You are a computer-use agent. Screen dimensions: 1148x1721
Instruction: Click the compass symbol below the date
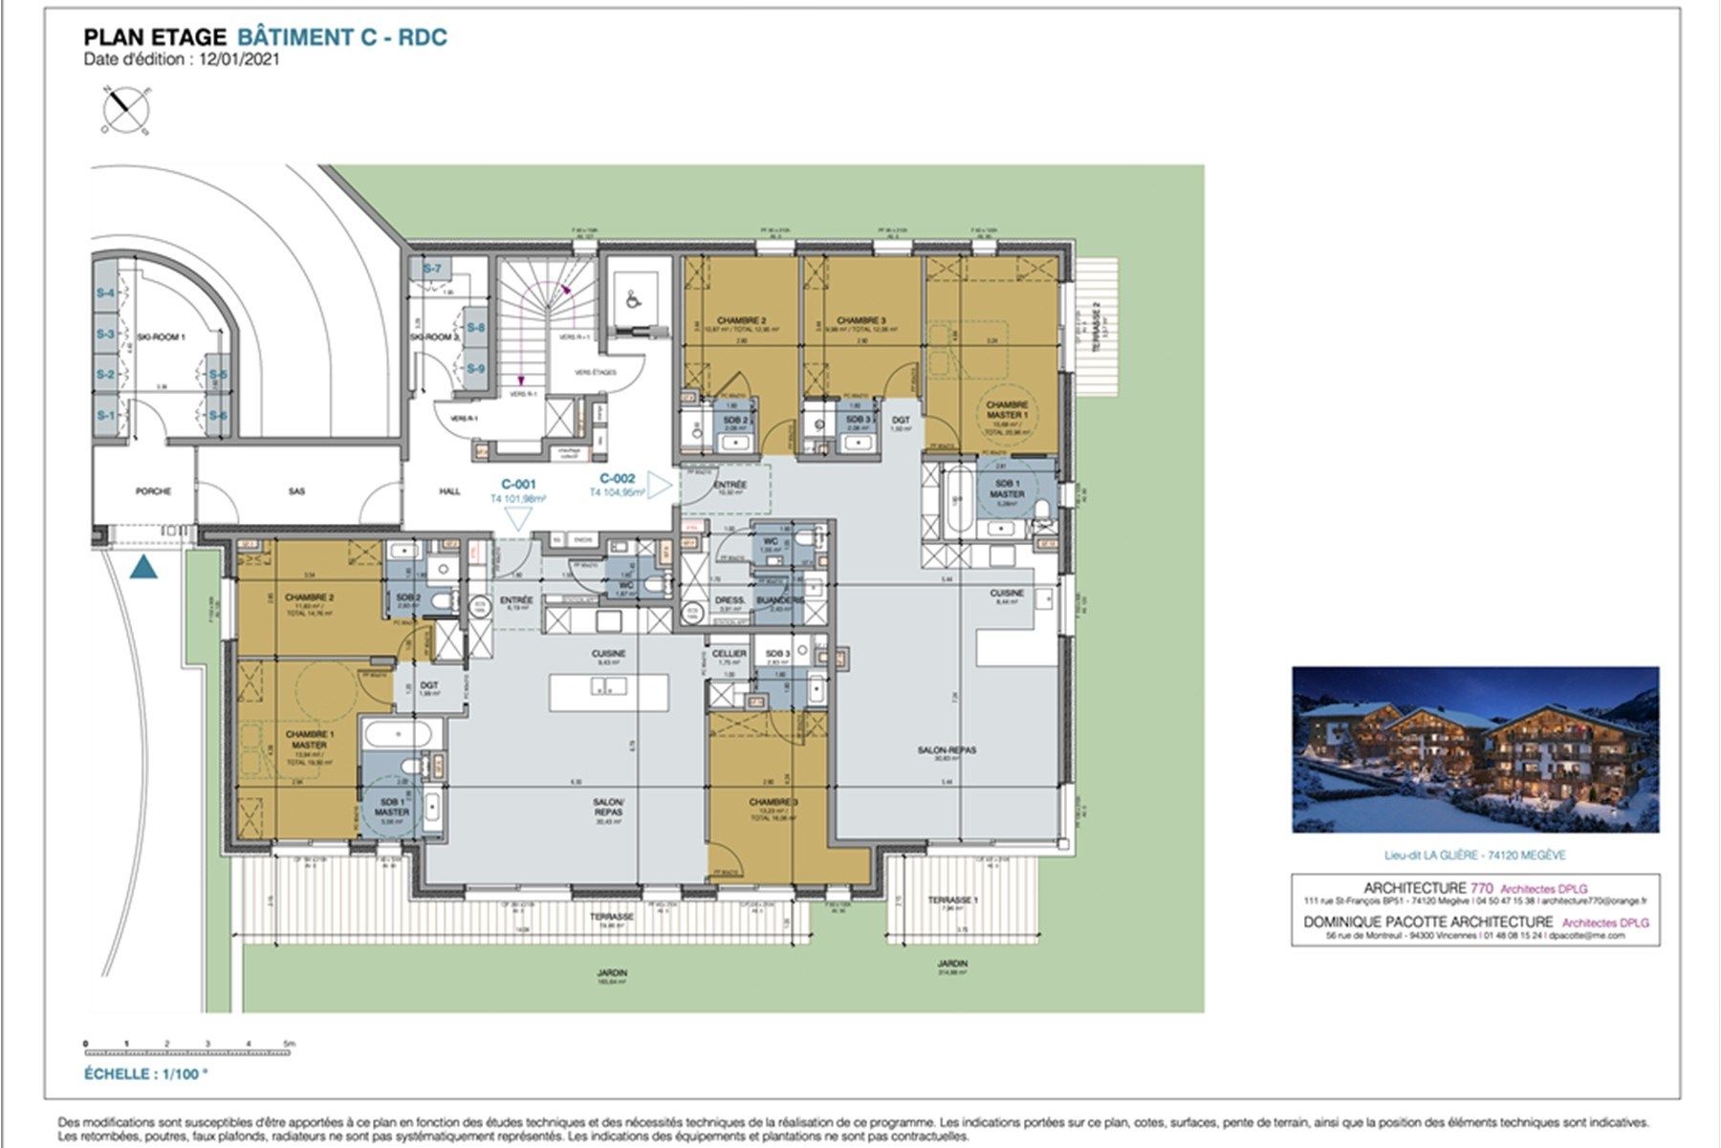125,108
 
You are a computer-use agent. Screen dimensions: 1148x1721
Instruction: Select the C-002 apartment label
618,478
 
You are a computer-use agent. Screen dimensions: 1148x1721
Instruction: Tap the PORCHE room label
153,491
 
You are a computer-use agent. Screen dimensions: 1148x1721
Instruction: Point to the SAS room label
296,491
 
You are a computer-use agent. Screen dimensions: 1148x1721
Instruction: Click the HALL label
449,491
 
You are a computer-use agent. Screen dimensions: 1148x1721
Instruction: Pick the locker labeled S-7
432,270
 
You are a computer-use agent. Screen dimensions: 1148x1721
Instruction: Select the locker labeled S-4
104,293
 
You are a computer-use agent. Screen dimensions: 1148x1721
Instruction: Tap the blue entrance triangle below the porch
142,569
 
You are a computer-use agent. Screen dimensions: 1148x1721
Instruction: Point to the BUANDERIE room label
778,600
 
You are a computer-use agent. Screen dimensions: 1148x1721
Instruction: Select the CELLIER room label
730,654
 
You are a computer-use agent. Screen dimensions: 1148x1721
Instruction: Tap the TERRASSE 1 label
952,900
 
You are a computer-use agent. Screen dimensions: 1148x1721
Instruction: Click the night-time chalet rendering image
1475,749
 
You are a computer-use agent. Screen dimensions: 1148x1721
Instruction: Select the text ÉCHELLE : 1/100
145,1073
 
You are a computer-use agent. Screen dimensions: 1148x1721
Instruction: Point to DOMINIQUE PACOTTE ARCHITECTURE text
1428,921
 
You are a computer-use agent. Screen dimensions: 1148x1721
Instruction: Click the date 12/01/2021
239,58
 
